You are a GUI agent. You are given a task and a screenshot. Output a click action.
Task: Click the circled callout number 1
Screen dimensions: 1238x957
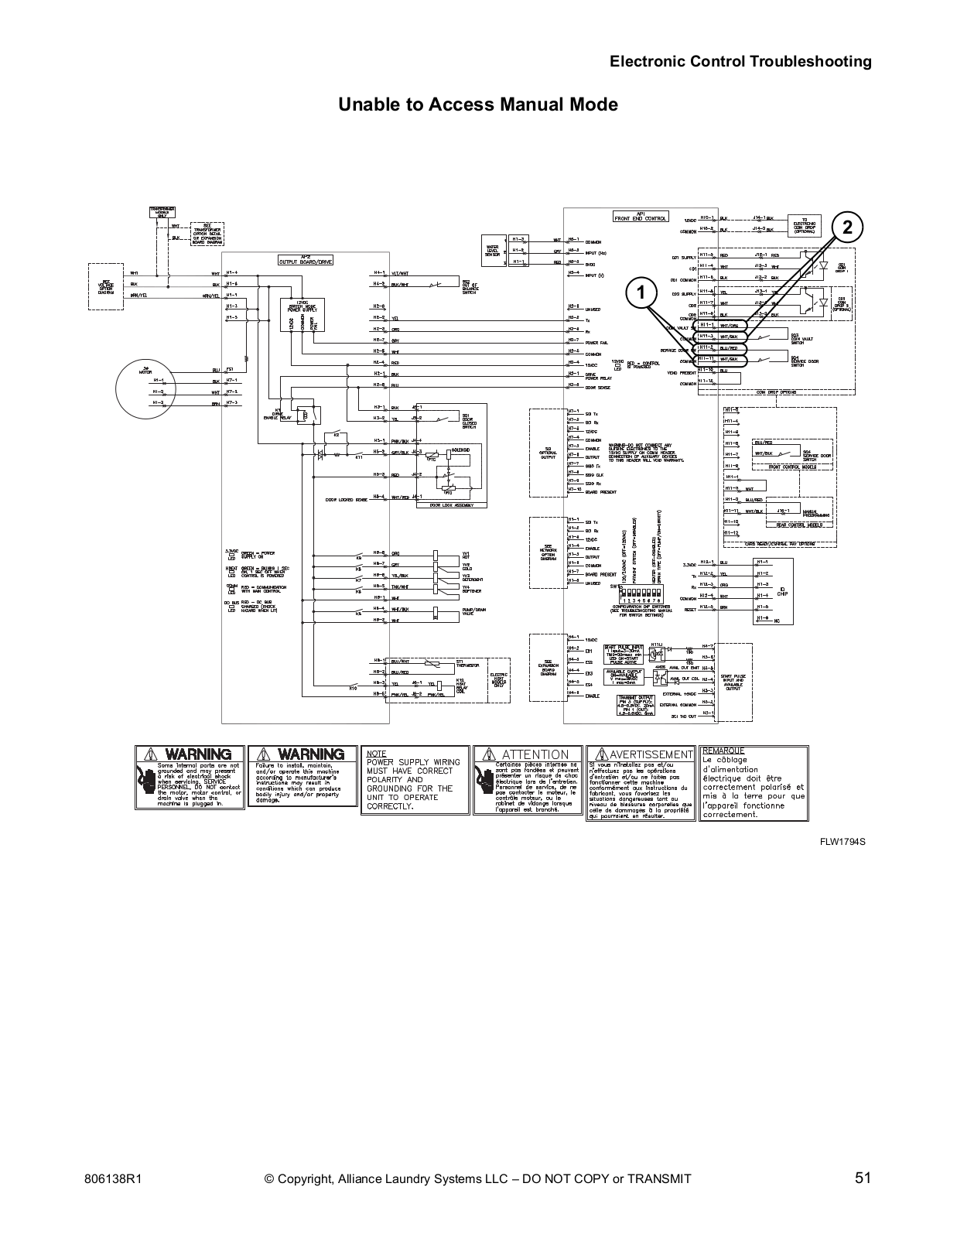tap(639, 292)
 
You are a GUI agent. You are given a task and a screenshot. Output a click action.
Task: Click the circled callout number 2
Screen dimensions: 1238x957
tap(848, 227)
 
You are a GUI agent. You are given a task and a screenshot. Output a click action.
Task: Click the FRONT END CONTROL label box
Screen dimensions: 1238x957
tap(640, 217)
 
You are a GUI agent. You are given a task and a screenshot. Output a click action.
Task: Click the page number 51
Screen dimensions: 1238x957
tap(863, 1178)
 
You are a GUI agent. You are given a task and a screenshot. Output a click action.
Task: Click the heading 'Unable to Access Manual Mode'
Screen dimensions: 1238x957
tap(478, 104)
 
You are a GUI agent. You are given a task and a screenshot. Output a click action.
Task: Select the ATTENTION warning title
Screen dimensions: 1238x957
tap(535, 754)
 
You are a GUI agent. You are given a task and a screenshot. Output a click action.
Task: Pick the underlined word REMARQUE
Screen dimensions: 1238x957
tap(723, 751)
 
